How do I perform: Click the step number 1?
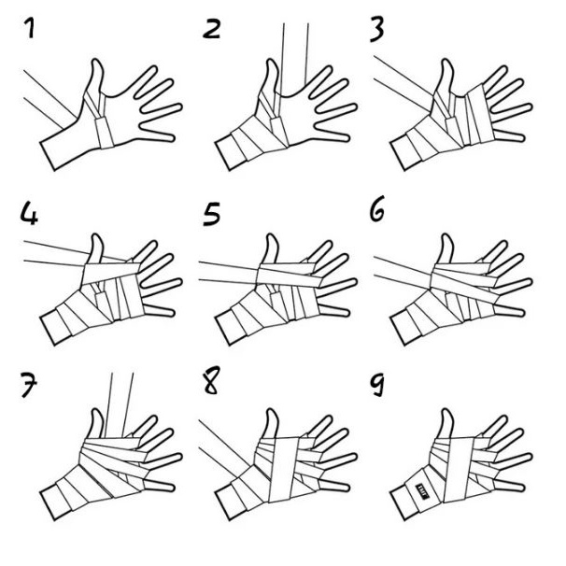point(30,28)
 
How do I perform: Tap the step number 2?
point(211,29)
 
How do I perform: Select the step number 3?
point(376,29)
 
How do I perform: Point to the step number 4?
point(29,213)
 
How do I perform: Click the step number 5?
point(211,214)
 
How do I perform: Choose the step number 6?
point(377,208)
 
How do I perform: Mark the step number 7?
point(29,385)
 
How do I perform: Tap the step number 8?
point(211,380)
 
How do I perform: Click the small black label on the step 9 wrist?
point(422,490)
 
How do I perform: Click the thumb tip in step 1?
point(96,62)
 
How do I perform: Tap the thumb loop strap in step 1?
point(105,134)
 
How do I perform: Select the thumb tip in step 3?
point(446,62)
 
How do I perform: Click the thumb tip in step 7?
point(96,411)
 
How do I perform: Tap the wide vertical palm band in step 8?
point(284,469)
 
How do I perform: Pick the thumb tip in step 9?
point(446,411)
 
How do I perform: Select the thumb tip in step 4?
point(96,236)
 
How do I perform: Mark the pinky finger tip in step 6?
point(522,313)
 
